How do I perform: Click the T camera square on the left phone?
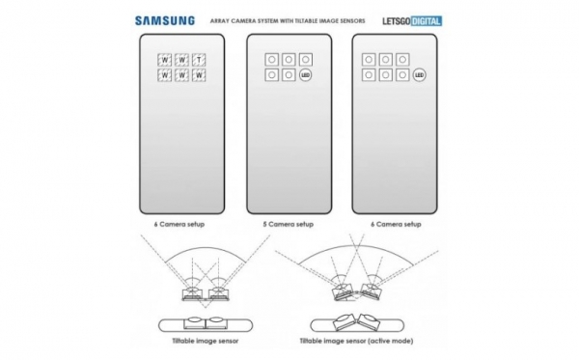[x=198, y=59]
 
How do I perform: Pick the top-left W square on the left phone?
[x=164, y=59]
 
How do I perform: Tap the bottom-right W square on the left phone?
[x=198, y=74]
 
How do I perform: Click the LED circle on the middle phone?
[x=306, y=73]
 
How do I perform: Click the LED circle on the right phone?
[x=420, y=73]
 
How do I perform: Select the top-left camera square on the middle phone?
[x=273, y=59]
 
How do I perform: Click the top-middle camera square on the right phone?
[x=384, y=59]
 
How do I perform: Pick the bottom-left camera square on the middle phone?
[x=273, y=74]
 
